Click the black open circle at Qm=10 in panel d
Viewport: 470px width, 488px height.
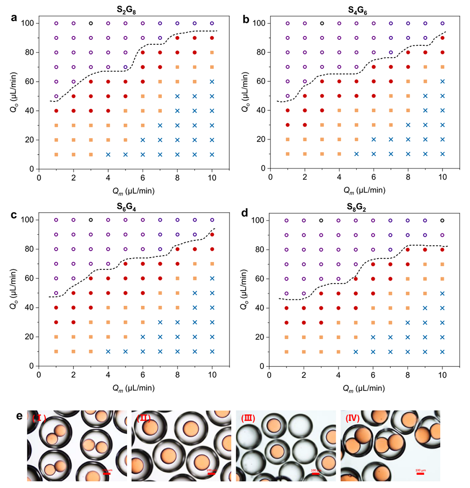(x=442, y=220)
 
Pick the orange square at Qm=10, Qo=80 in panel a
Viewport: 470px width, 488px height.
(x=212, y=52)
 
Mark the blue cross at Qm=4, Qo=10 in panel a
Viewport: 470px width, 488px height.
(x=108, y=154)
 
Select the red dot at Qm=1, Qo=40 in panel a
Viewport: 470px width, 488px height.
(x=56, y=111)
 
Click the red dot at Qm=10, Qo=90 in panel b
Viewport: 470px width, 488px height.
(x=442, y=38)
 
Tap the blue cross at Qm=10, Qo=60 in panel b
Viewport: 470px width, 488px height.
(x=442, y=81)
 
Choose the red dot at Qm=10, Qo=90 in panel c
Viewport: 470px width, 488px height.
(x=212, y=234)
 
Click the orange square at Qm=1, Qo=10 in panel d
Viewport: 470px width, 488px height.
(x=286, y=352)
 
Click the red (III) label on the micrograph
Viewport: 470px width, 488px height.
(x=249, y=419)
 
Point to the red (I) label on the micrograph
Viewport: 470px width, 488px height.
(x=39, y=419)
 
